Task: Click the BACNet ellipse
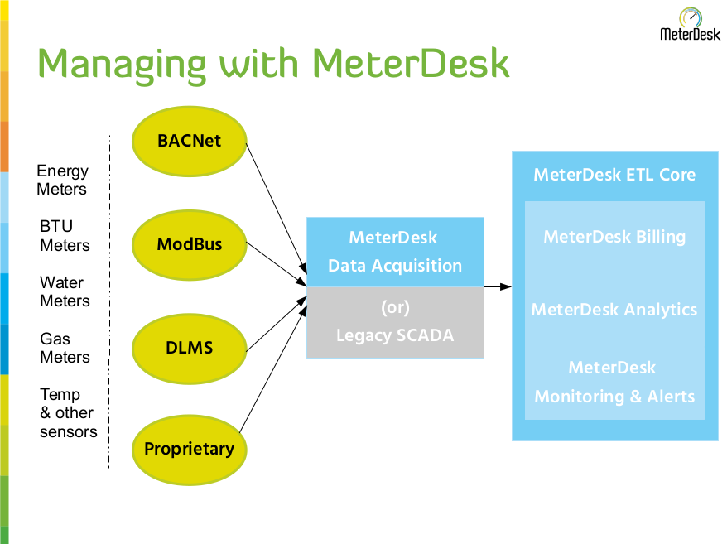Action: click(190, 140)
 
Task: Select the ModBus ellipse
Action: click(190, 244)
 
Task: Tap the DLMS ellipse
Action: click(190, 348)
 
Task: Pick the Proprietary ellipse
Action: click(190, 450)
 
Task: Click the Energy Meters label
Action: click(62, 180)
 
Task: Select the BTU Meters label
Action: click(65, 236)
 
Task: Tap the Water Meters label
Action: click(65, 291)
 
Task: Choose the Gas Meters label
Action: click(65, 348)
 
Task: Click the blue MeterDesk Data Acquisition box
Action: click(395, 252)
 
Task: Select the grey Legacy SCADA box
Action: click(395, 322)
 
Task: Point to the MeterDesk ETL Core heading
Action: click(614, 175)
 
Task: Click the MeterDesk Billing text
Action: click(614, 237)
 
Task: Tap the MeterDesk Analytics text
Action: click(614, 310)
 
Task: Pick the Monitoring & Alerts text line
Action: click(614, 397)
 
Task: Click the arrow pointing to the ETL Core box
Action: click(497, 286)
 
